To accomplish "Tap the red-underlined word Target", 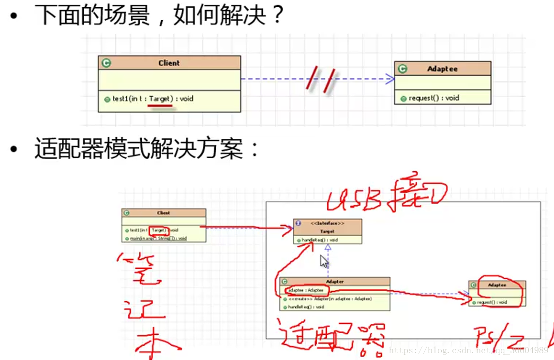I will click(161, 99).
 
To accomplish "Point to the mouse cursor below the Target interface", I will click(324, 262).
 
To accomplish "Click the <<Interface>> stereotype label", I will click(328, 224).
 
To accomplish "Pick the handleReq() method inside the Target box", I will click(320, 240).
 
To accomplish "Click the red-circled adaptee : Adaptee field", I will click(305, 290).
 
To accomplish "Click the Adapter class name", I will click(335, 281).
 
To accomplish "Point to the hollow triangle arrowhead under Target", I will click(328, 247).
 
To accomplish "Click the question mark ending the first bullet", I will click(277, 16).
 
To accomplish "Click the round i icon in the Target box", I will click(298, 224).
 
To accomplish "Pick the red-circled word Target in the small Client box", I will click(158, 230).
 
